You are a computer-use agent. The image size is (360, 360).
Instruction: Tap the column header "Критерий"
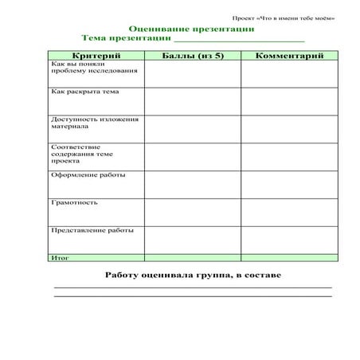(96, 56)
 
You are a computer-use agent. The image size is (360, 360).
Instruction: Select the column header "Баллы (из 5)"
(192, 56)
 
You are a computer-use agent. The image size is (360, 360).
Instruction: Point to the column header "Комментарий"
(289, 56)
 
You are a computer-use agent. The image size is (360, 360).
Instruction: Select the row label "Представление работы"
(92, 230)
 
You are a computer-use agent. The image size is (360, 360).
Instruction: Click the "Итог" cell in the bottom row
(61, 258)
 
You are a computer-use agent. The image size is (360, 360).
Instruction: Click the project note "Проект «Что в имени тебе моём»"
(284, 17)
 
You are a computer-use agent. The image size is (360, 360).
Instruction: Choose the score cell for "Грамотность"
(192, 212)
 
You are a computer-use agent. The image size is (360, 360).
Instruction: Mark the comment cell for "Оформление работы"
(289, 184)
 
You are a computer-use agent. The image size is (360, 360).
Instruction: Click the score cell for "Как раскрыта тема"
(192, 101)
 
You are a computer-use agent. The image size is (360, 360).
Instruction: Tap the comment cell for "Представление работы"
(289, 239)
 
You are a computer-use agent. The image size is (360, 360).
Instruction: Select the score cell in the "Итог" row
(192, 258)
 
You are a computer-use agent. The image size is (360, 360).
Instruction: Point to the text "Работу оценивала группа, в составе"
(193, 275)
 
